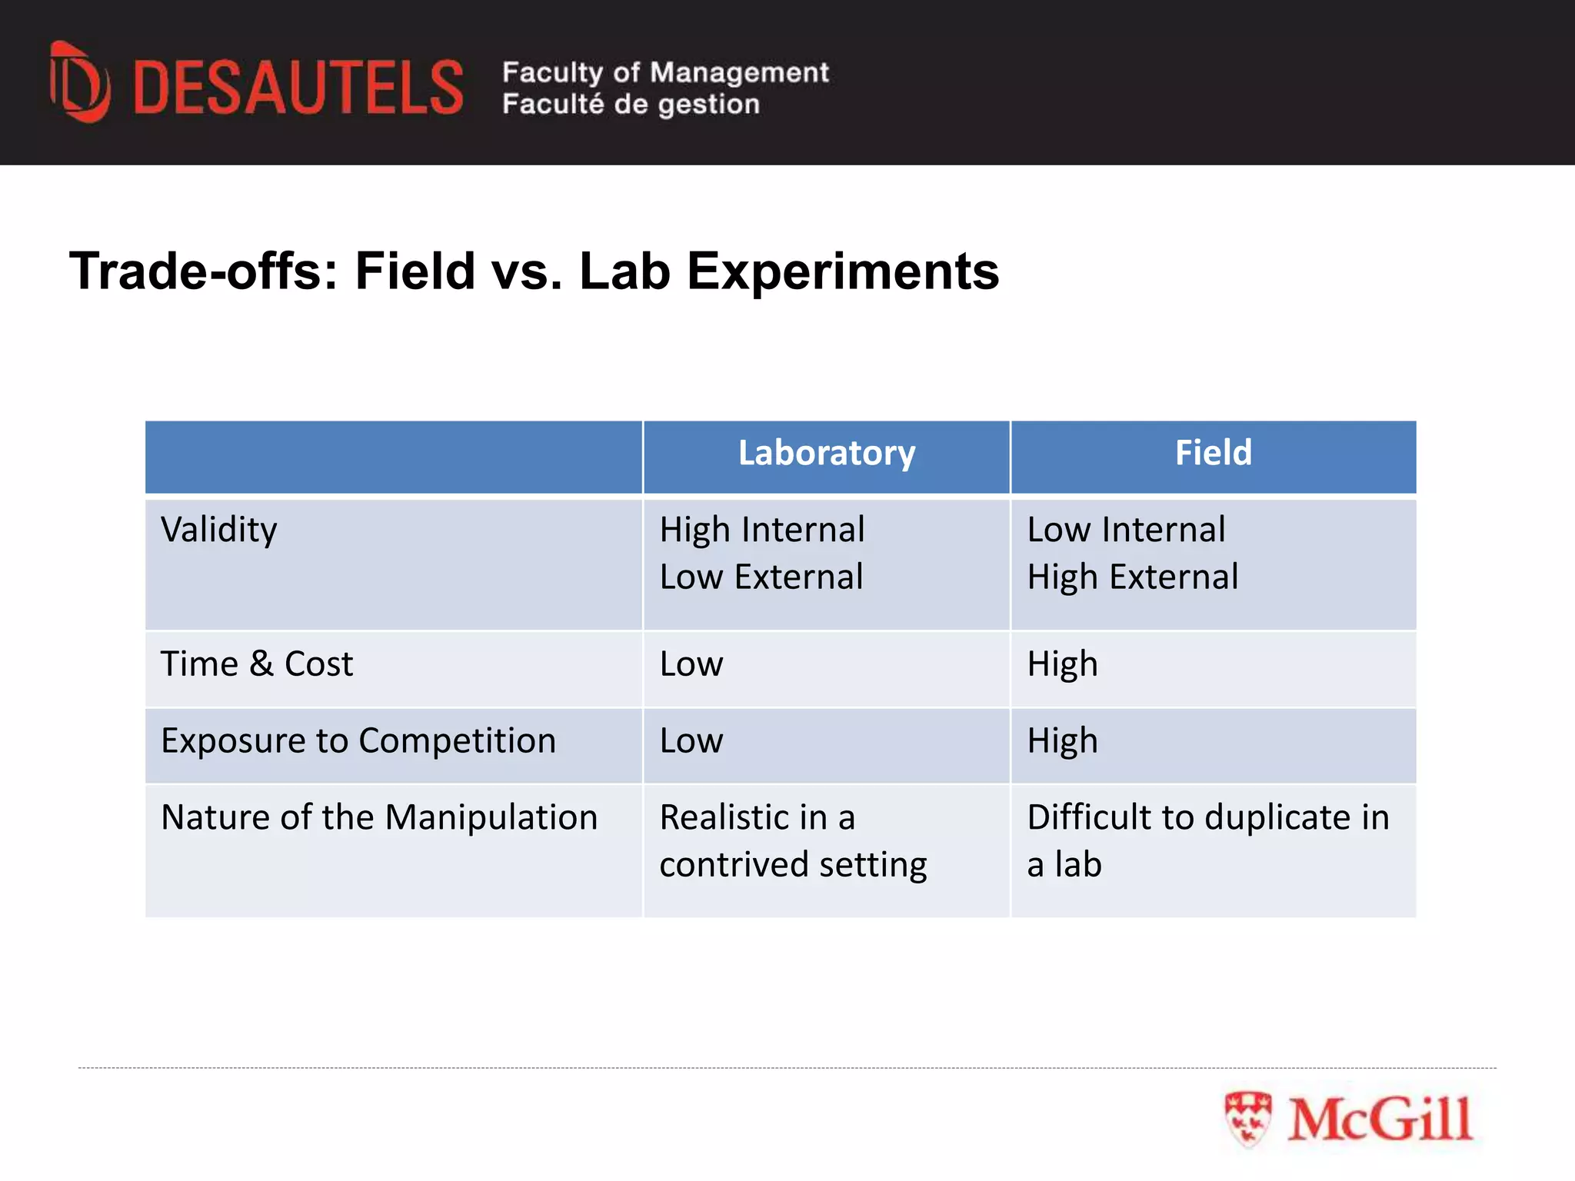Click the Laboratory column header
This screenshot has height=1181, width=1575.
coord(827,453)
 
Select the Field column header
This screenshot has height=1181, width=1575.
coord(1213,453)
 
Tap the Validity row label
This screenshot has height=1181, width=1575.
coord(219,531)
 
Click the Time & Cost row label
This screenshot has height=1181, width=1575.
coord(257,664)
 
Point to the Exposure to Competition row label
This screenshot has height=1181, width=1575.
coord(358,741)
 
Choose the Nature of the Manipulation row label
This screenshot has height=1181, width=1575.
coord(379,817)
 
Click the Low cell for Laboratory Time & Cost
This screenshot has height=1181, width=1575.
coord(691,664)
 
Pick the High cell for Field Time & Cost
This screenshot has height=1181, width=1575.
coord(1062,664)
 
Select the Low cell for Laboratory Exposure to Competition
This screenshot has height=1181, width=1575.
coord(691,741)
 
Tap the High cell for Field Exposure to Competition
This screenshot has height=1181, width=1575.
coord(1062,741)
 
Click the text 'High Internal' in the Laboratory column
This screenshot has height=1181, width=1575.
coord(762,531)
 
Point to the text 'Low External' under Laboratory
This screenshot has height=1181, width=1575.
coord(761,577)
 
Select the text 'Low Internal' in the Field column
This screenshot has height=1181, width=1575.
coord(1126,531)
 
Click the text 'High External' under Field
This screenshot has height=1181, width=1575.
coord(1133,577)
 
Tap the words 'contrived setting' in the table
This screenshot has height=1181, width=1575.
coord(793,865)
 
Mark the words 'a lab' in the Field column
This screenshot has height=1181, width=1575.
coord(1064,865)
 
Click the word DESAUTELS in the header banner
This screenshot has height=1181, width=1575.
coord(298,88)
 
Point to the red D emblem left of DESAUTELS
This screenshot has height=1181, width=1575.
coord(79,82)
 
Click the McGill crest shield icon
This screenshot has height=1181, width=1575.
coord(1247,1119)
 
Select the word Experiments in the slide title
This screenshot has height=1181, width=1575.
coord(843,271)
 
